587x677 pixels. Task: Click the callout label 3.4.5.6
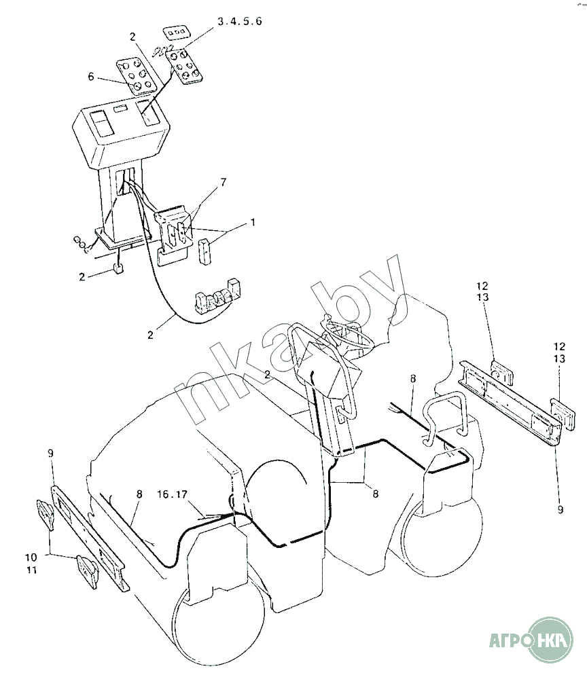[x=240, y=22]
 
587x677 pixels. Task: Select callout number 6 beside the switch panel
[x=91, y=77]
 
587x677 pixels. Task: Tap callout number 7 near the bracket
[x=224, y=182]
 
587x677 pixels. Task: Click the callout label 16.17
[x=172, y=494]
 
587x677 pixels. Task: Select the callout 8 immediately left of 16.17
[x=139, y=496]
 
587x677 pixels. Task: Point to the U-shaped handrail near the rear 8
[x=444, y=418]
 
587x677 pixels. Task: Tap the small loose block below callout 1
[x=204, y=252]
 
